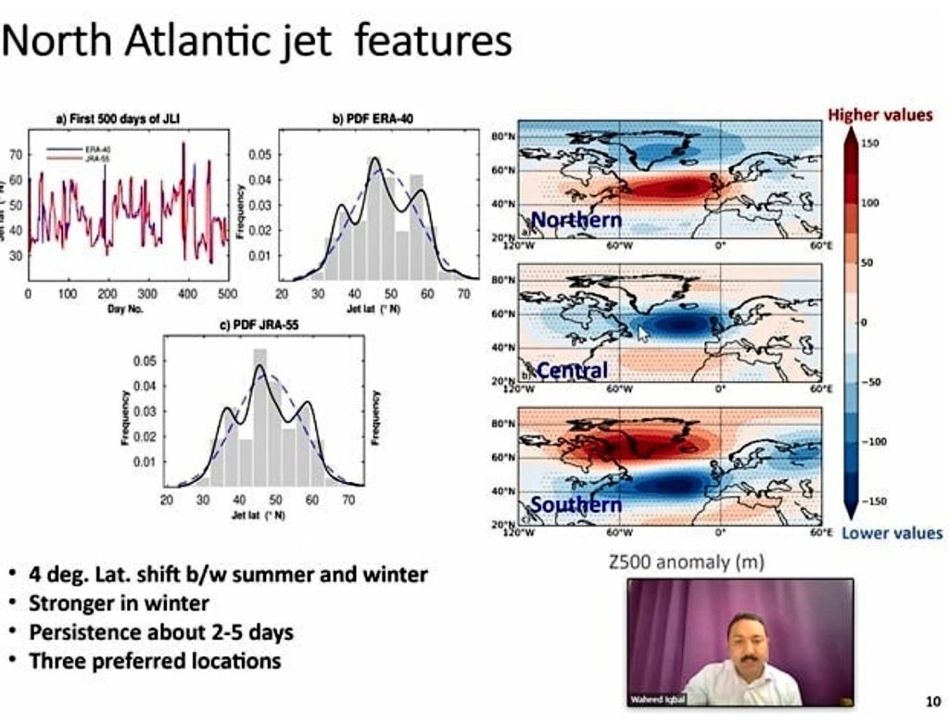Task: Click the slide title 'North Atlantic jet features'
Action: [x=257, y=42]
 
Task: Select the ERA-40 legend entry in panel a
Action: [x=87, y=147]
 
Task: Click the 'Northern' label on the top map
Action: [x=576, y=220]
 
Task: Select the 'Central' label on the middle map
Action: [x=572, y=371]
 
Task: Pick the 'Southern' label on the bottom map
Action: [x=576, y=504]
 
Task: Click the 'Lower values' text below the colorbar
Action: [x=892, y=533]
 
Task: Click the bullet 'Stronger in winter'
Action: [x=119, y=603]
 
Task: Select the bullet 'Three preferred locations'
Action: [x=155, y=661]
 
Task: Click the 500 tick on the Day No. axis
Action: [x=227, y=293]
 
